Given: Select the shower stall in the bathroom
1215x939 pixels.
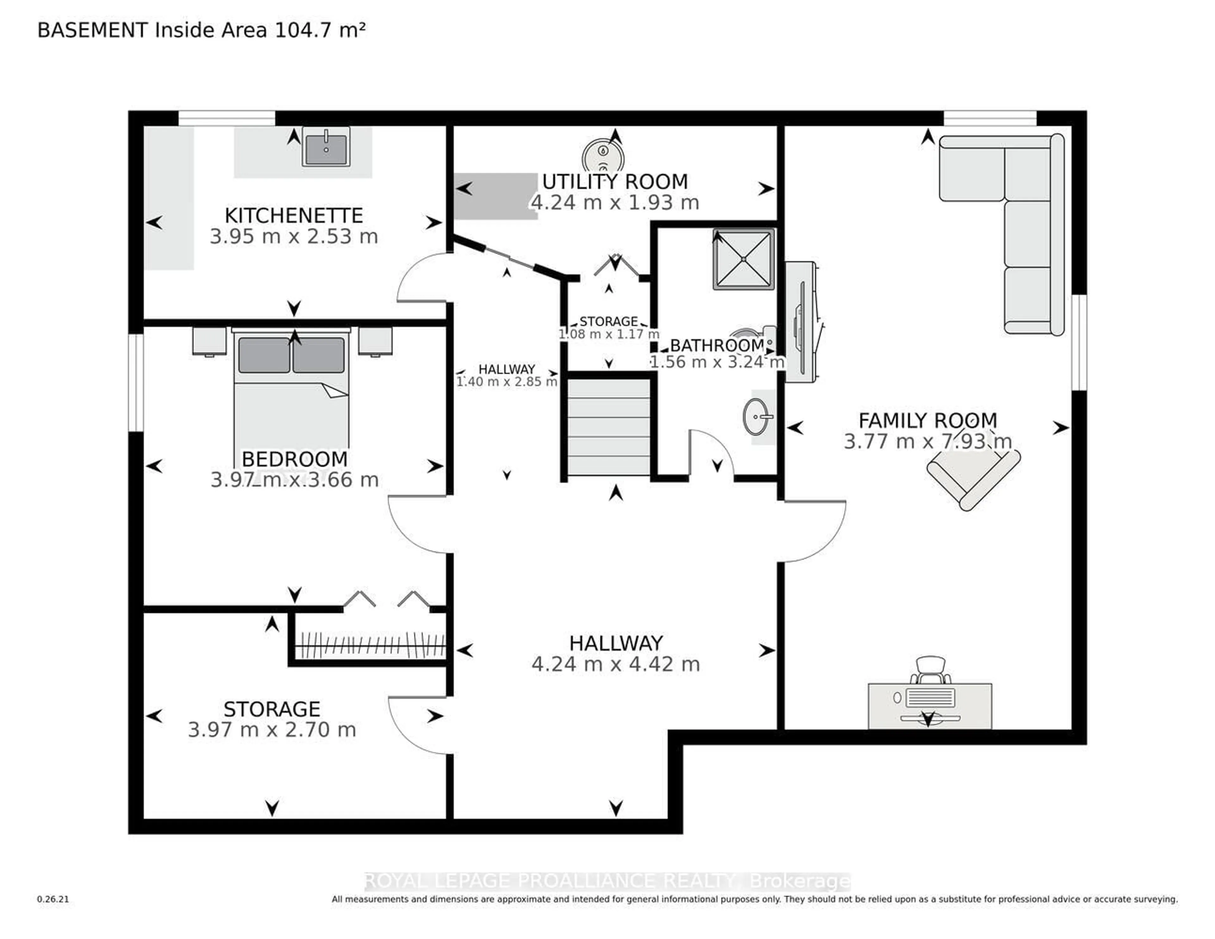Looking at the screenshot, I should [x=744, y=259].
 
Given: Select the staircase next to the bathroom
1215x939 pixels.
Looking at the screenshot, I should [x=609, y=427].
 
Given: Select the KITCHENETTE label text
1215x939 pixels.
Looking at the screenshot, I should [x=294, y=215].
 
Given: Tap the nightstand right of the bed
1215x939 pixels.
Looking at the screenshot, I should [x=375, y=340].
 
